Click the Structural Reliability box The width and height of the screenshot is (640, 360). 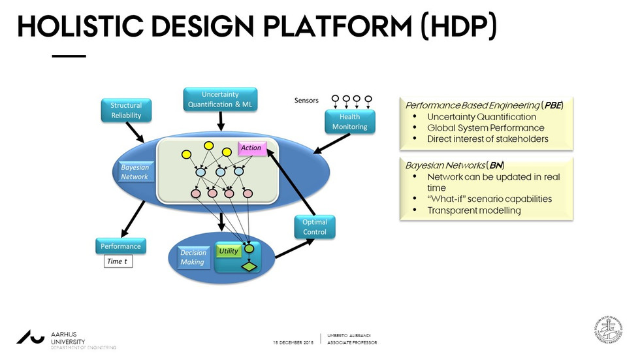tap(126, 110)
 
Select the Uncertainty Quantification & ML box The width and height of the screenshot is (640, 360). tap(220, 99)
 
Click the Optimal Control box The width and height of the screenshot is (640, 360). tap(315, 227)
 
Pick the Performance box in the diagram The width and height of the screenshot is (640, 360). tap(120, 246)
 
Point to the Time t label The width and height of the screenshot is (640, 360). tap(118, 261)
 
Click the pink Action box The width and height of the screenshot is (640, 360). tap(251, 148)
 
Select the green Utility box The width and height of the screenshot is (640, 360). tap(229, 251)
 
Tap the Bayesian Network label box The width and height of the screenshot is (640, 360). tap(135, 172)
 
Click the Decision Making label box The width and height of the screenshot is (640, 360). tap(193, 257)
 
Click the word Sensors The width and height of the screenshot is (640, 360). tap(306, 101)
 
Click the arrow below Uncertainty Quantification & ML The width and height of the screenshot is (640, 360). tap(221, 120)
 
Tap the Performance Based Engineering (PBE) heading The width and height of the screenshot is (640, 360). tap(484, 105)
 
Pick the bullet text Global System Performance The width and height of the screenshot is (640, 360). tap(485, 128)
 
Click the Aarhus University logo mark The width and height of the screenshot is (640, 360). tap(31, 337)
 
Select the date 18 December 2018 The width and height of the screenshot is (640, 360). tap(293, 342)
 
